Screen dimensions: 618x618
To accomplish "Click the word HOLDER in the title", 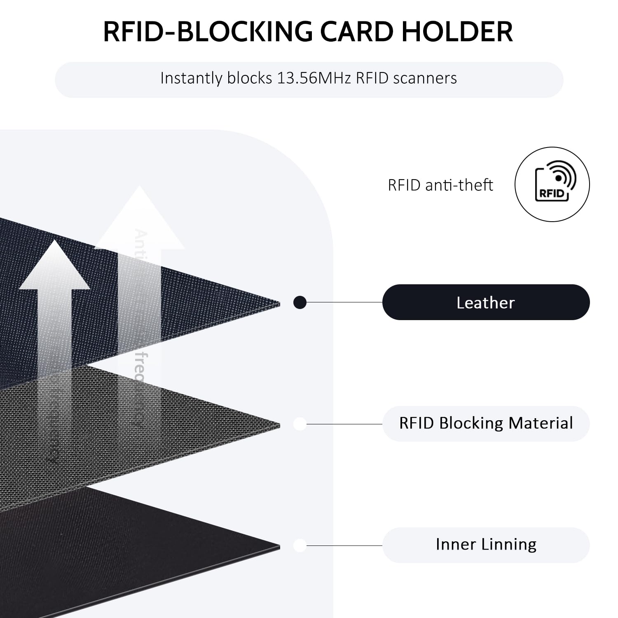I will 457,31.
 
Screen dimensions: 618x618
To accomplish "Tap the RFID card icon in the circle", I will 552,184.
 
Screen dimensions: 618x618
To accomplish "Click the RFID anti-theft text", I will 440,185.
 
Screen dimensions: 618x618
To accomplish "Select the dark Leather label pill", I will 486,302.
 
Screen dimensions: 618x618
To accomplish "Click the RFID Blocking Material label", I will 486,424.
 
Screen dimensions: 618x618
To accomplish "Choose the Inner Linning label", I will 486,545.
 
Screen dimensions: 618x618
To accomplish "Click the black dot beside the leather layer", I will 300,303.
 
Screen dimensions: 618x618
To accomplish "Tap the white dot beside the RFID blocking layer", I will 300,424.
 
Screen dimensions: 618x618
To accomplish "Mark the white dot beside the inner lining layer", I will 300,545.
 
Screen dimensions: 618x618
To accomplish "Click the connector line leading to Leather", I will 344,302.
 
